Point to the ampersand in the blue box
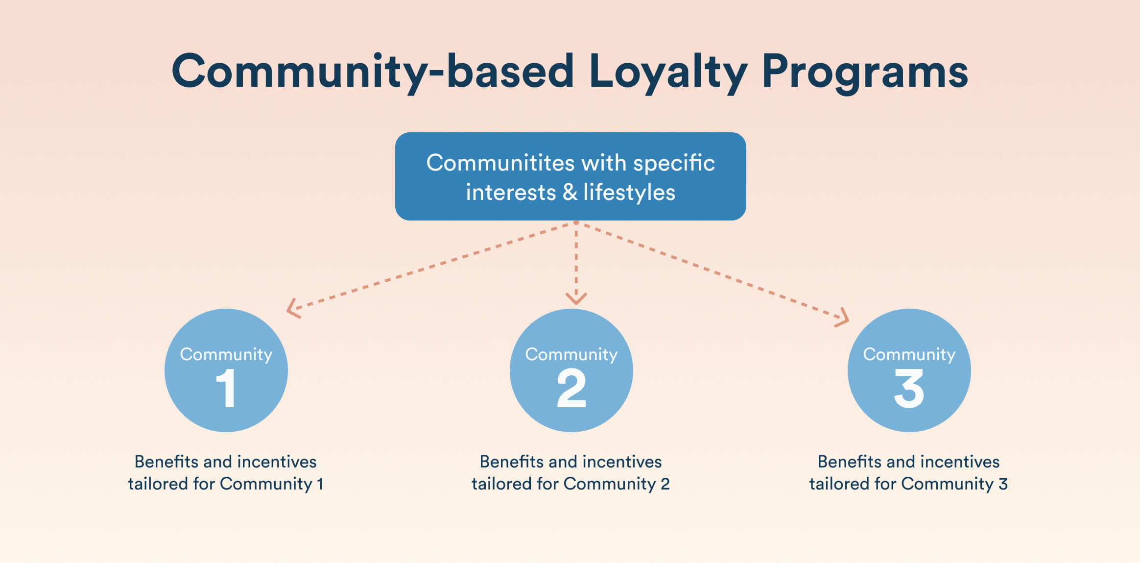[x=570, y=192]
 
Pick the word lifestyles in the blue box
[x=629, y=192]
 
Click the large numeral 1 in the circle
[x=226, y=388]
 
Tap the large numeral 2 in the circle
[x=571, y=388]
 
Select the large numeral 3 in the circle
[x=909, y=388]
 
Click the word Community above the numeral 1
[x=226, y=354]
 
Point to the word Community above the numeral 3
[x=909, y=354]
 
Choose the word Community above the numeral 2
[x=571, y=354]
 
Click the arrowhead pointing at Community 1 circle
[x=292, y=309]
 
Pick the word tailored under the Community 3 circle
[x=839, y=484]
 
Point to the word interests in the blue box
[x=511, y=192]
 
